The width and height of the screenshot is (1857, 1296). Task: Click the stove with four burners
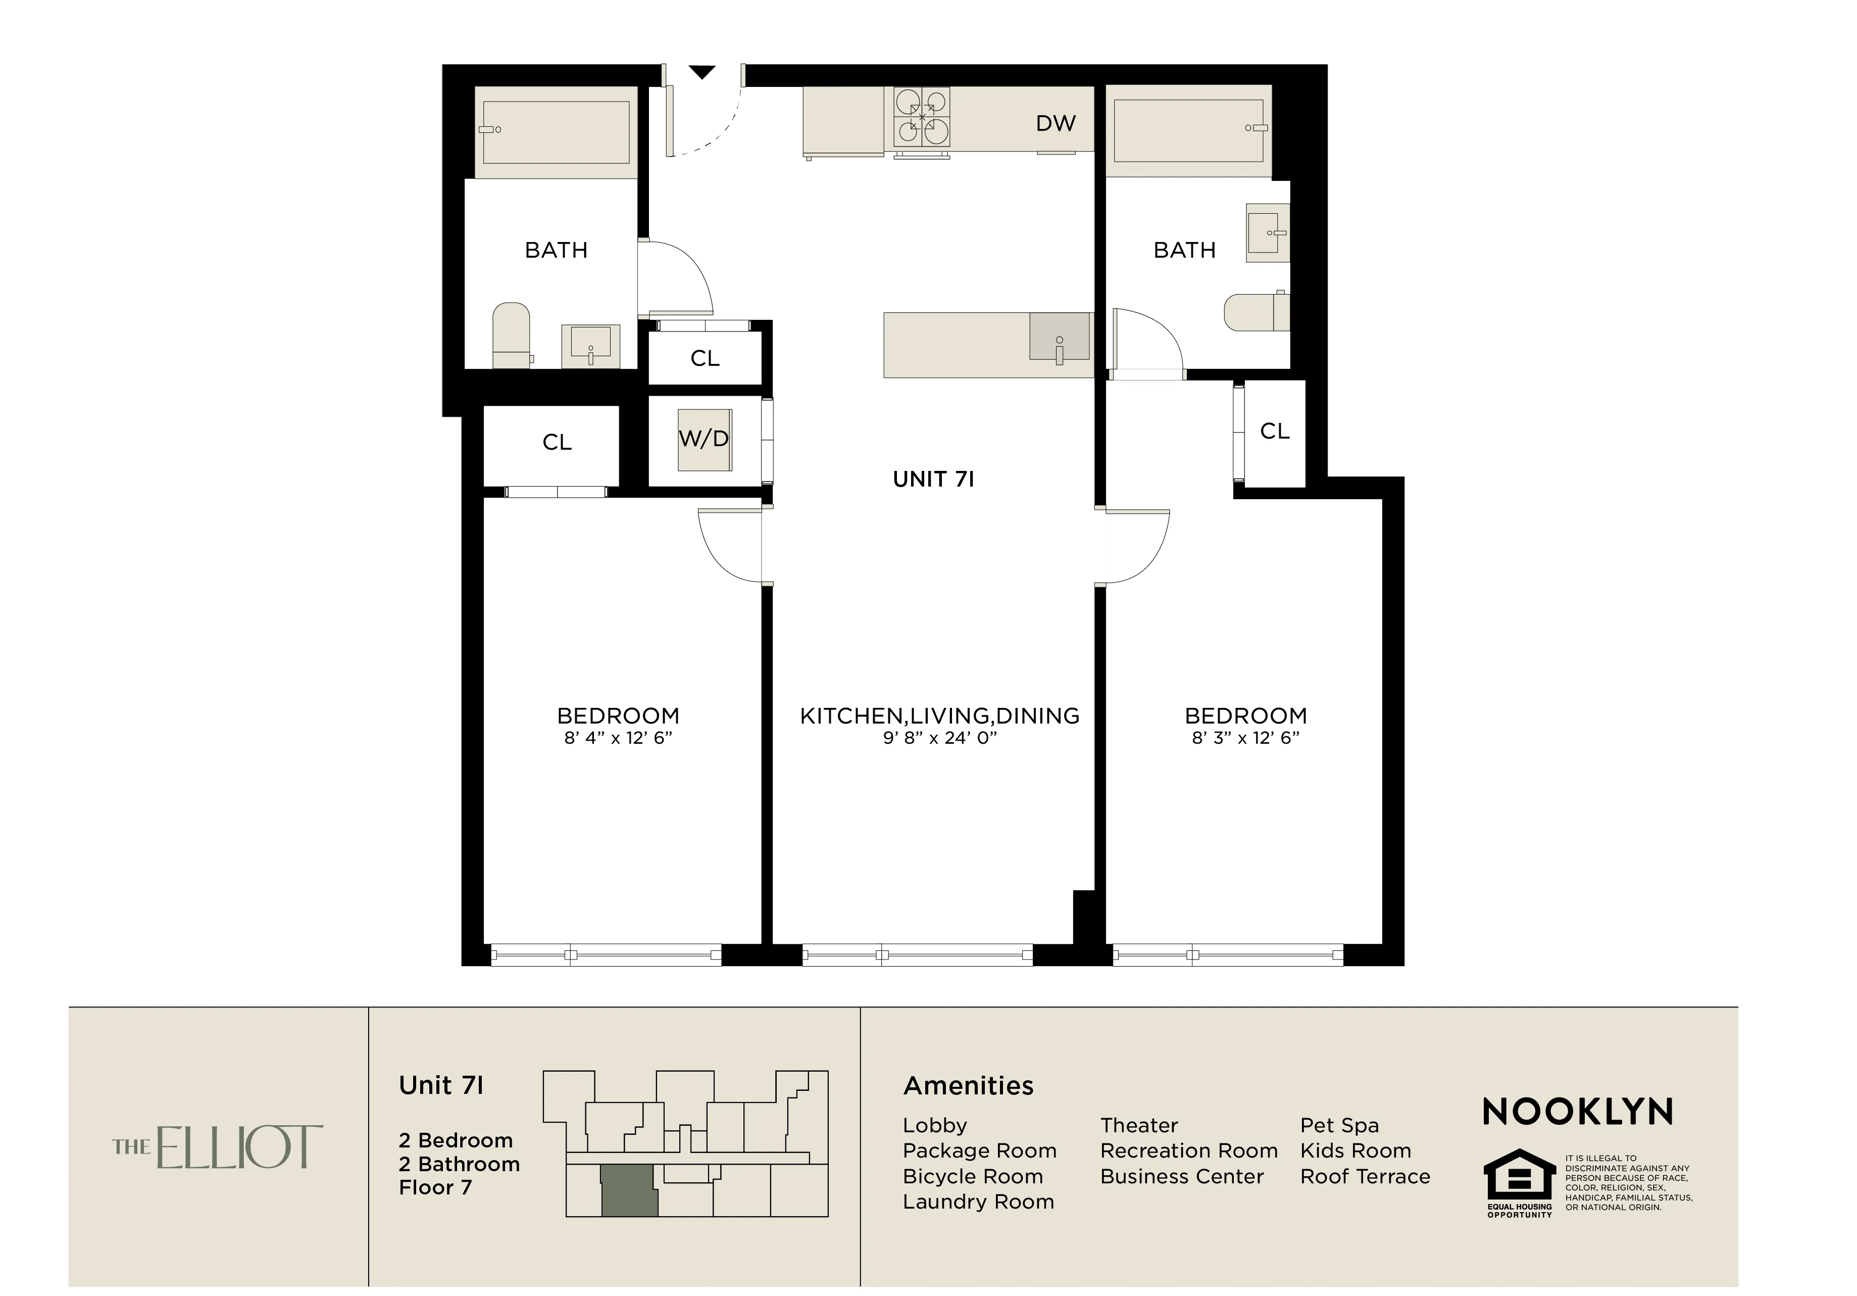pyautogui.click(x=921, y=118)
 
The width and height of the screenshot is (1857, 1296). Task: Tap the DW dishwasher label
pyautogui.click(x=1056, y=124)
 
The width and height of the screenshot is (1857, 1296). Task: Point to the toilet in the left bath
pyautogui.click(x=511, y=335)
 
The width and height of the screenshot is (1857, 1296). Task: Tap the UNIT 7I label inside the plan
pyautogui.click(x=933, y=479)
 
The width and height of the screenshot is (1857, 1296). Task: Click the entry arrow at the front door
pyautogui.click(x=702, y=73)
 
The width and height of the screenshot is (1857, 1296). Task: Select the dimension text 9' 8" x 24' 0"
pyautogui.click(x=940, y=738)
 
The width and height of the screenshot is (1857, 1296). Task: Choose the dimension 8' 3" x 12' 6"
pyautogui.click(x=1245, y=738)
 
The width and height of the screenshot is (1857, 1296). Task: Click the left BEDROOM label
pyautogui.click(x=618, y=716)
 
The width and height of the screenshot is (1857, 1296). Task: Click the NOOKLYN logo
pyautogui.click(x=1578, y=1113)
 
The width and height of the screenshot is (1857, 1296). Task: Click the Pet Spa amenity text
pyautogui.click(x=1339, y=1125)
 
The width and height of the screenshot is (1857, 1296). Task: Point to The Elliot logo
pyautogui.click(x=218, y=1146)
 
